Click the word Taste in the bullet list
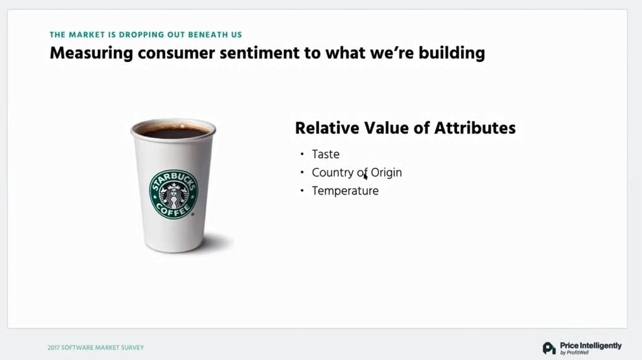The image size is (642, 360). pos(325,154)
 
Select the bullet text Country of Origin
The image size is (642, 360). pos(356,173)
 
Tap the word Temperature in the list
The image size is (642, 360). pos(345,191)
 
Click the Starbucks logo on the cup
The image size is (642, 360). pos(173,194)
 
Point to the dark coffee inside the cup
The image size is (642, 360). pos(173,132)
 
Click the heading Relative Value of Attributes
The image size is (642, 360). pos(406,128)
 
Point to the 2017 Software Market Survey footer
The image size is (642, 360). pos(96,348)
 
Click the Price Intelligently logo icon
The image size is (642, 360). pos(549,348)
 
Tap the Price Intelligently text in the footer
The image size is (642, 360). pos(590,345)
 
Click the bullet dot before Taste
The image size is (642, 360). pos(302,154)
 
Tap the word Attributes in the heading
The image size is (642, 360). pos(475,128)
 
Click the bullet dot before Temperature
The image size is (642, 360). pos(302,190)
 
